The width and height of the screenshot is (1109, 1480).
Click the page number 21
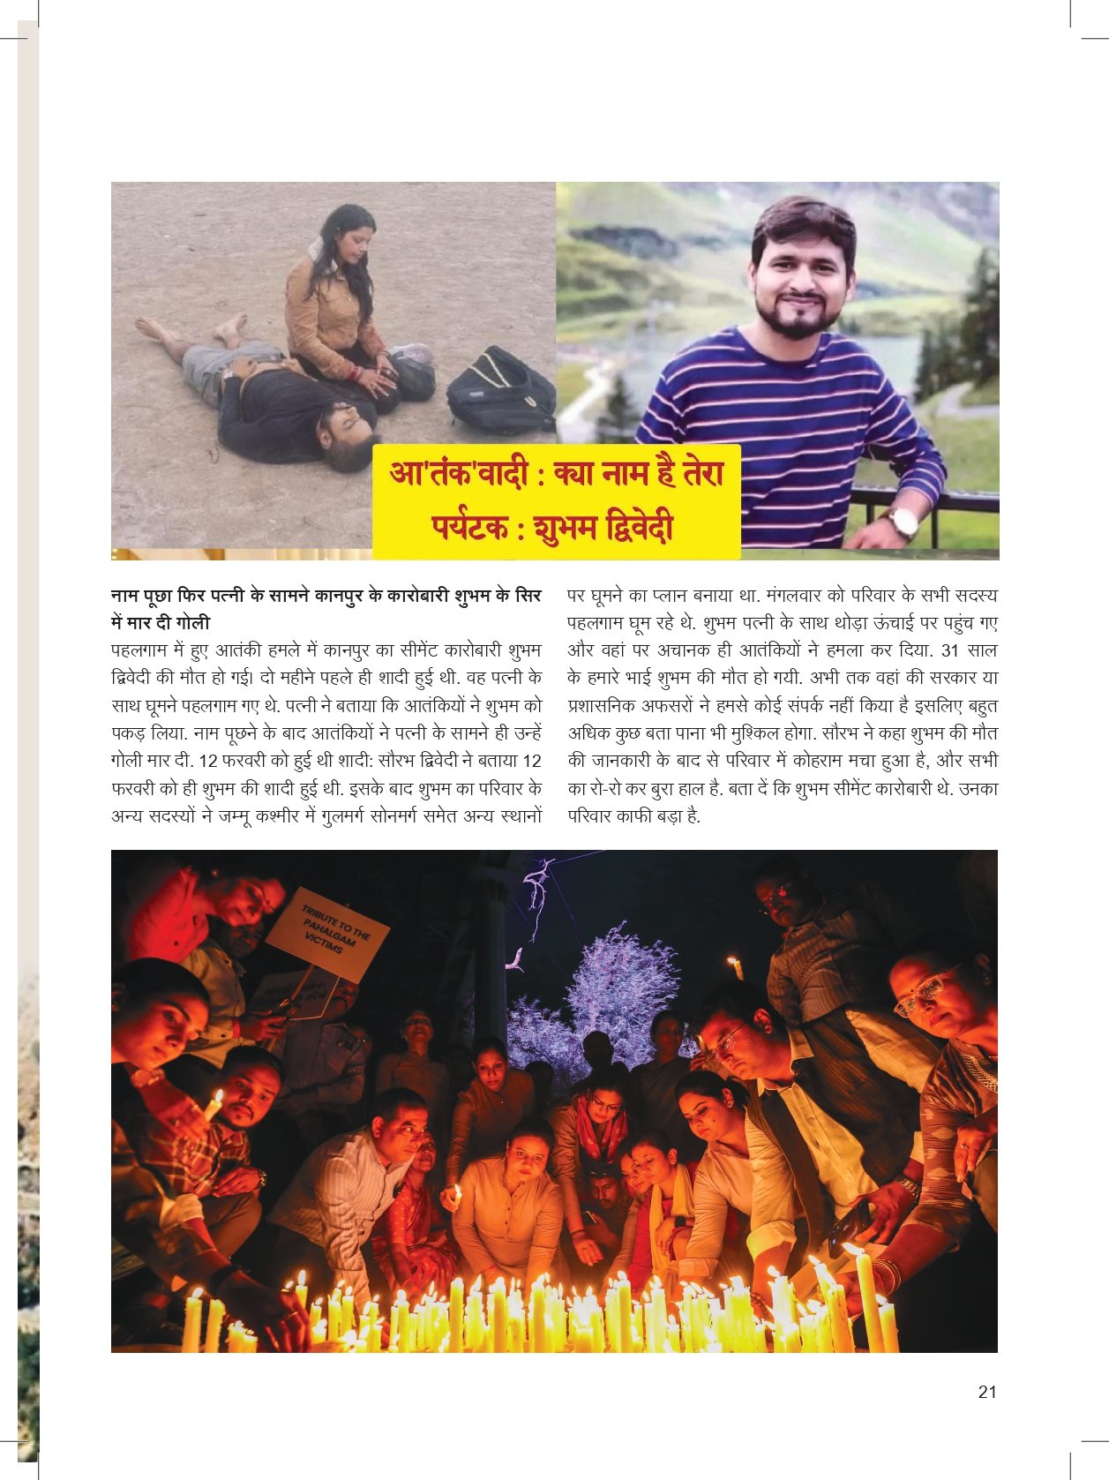point(987,1392)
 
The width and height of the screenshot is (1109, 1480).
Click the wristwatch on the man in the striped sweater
point(903,522)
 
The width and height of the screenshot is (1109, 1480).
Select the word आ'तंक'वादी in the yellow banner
point(459,474)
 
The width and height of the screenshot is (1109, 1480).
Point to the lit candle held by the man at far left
point(214,1103)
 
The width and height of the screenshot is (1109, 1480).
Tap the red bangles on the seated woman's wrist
point(356,374)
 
